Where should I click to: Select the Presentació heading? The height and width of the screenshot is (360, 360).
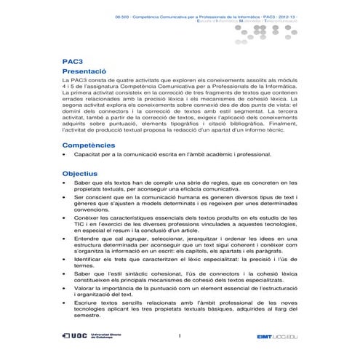(90, 73)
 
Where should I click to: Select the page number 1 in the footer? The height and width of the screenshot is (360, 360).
(179, 336)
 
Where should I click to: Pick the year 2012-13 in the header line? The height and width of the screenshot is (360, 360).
(286, 15)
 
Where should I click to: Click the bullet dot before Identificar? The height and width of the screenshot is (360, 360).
(65, 258)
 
